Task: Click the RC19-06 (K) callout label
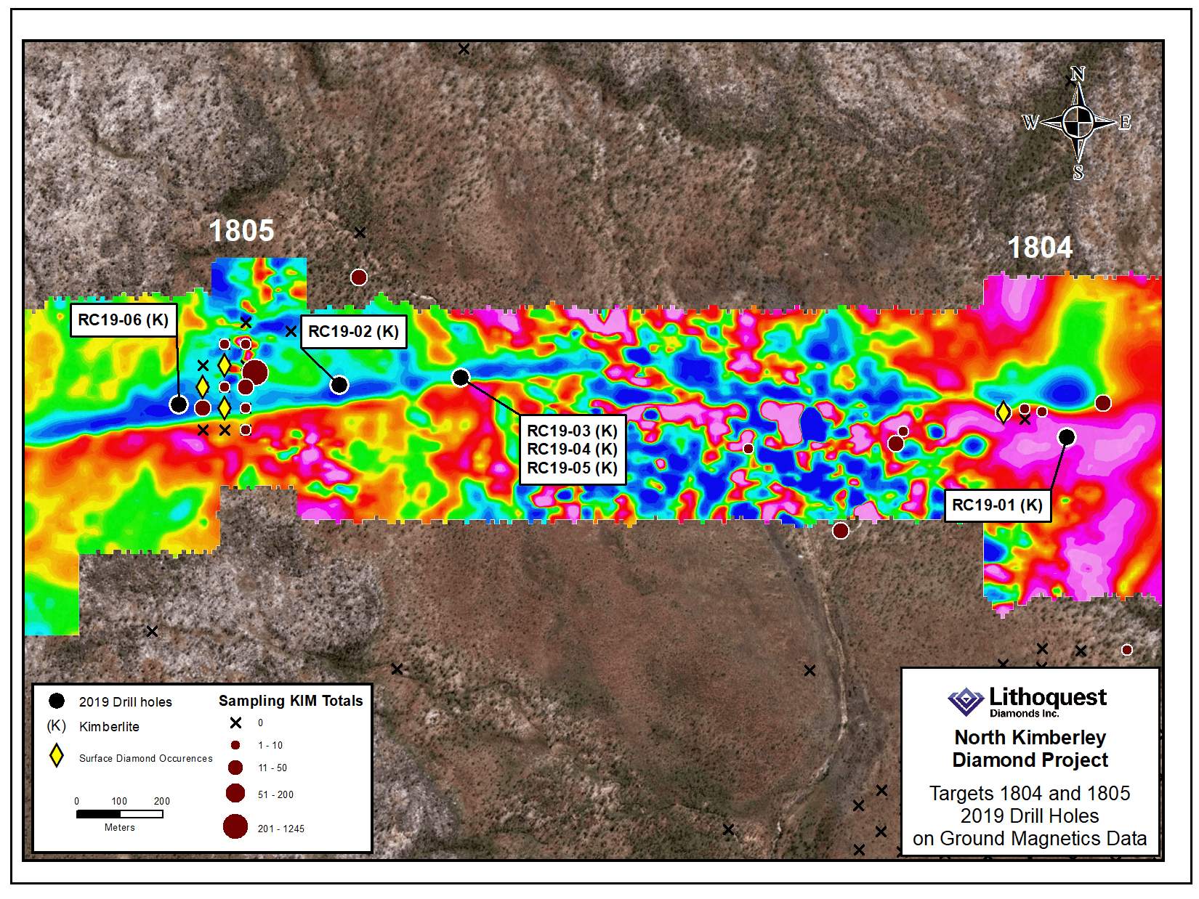click(x=124, y=320)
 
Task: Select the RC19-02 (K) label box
click(x=353, y=332)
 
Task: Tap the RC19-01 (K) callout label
click(x=997, y=505)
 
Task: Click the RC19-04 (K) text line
click(x=572, y=449)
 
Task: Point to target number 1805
click(x=241, y=231)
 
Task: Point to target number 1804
click(x=1040, y=248)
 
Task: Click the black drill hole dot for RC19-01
click(x=1066, y=436)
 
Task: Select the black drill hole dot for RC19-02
click(x=339, y=385)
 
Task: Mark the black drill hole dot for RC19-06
click(x=179, y=404)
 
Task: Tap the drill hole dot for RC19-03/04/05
click(x=461, y=378)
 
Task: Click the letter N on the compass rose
click(x=1078, y=74)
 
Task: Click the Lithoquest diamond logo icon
click(x=966, y=701)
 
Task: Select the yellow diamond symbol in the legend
click(x=57, y=755)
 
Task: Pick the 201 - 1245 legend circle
click(x=235, y=826)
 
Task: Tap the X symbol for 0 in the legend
click(x=235, y=723)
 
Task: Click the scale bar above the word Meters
click(x=120, y=814)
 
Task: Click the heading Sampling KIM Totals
click(x=291, y=701)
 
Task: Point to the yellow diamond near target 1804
click(x=1003, y=412)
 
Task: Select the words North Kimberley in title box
click(x=1030, y=738)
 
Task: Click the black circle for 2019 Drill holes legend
click(x=57, y=701)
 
